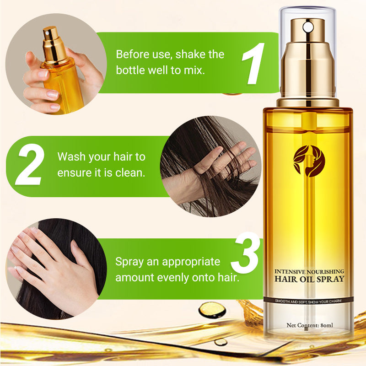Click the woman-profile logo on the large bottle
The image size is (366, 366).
pyautogui.click(x=309, y=161)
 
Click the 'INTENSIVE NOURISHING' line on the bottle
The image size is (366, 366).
pyautogui.click(x=309, y=271)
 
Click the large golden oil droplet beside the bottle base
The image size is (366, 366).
pyautogui.click(x=212, y=310)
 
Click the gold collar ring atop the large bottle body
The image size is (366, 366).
pyautogui.click(x=308, y=102)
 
